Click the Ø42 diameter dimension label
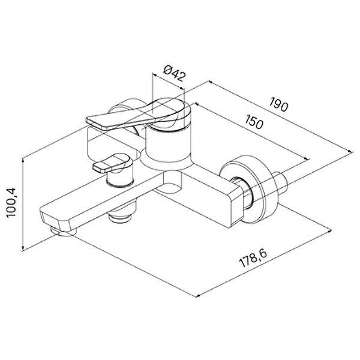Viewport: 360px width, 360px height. (174, 73)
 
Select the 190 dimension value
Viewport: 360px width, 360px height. (279, 104)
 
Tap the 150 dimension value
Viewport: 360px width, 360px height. (253, 121)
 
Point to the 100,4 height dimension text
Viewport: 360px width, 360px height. (11, 202)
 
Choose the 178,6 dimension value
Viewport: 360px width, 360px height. (253, 258)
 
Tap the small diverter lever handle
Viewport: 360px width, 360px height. (112, 163)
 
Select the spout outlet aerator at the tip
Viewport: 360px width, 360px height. (63, 231)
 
